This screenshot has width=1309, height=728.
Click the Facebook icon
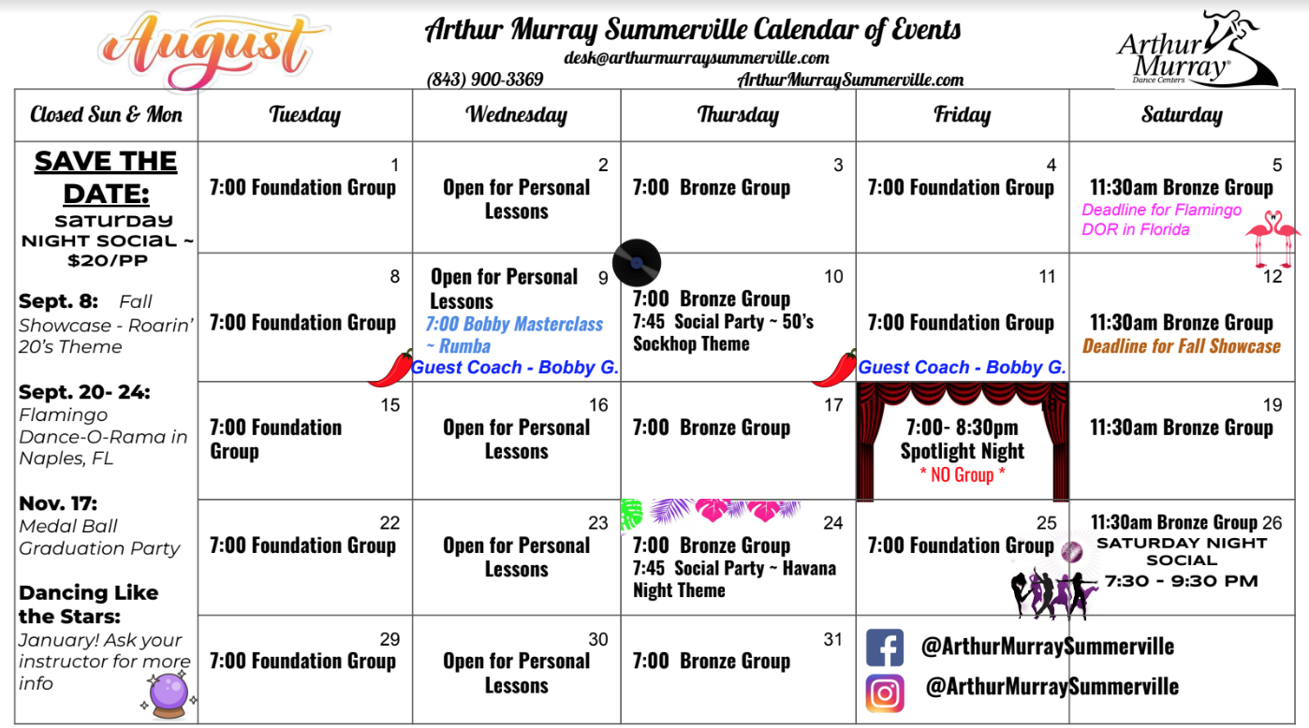point(884,648)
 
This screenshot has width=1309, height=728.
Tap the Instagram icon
point(885,693)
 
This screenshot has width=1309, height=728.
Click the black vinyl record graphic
point(637,263)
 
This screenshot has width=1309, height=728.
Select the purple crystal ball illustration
point(169,695)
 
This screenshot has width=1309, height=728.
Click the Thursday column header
point(738,115)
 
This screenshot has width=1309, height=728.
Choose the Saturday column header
point(1182,115)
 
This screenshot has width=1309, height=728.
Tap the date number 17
point(833,405)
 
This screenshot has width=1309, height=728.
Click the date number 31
point(833,640)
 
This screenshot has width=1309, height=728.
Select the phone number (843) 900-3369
point(485,80)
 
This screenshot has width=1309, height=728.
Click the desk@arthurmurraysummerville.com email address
point(696,58)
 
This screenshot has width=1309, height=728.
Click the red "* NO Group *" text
point(963,474)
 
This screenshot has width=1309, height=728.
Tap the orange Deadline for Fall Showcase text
point(1181,346)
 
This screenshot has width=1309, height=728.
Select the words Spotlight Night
point(962,451)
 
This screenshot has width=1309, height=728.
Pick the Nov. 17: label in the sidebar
point(58,503)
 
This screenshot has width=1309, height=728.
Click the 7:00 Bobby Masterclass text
point(514,324)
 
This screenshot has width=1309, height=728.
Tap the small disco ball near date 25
point(1072,551)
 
